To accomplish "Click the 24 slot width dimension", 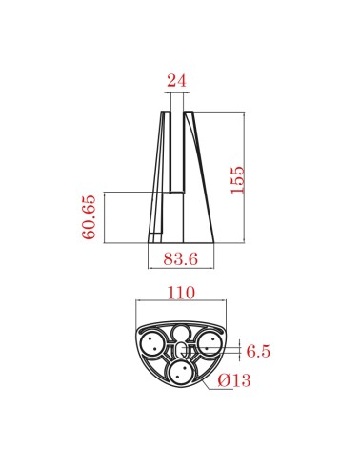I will pyautogui.click(x=176, y=81).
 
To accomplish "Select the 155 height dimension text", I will pyautogui.click(x=238, y=177).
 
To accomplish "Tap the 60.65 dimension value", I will pyautogui.click(x=89, y=216).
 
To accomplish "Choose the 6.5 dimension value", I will pyautogui.click(x=258, y=352).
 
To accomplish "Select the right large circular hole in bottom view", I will pyautogui.click(x=210, y=342).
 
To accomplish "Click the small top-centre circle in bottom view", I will pyautogui.click(x=180, y=332).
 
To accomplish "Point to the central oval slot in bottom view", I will pyautogui.click(x=180, y=350).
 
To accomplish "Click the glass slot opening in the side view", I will pyautogui.click(x=176, y=153).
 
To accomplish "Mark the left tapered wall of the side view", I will pyautogui.click(x=155, y=181).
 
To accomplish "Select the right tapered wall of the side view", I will pyautogui.click(x=198, y=181).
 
